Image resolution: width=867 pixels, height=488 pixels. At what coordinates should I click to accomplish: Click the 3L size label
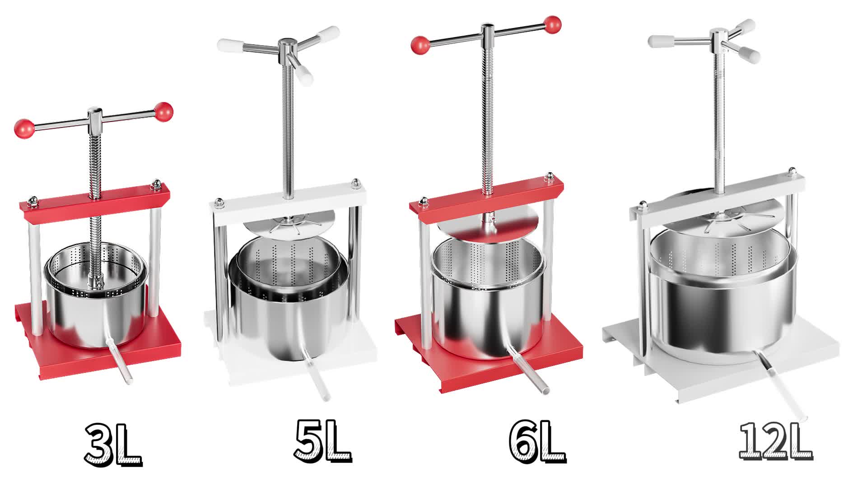[113, 444]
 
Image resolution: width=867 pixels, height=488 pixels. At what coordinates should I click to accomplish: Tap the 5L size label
[323, 441]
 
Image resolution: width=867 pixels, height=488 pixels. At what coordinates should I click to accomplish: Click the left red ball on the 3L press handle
[24, 129]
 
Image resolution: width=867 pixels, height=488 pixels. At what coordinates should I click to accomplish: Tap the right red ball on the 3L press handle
[163, 111]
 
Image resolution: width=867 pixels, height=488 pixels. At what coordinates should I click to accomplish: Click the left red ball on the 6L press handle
[420, 45]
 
